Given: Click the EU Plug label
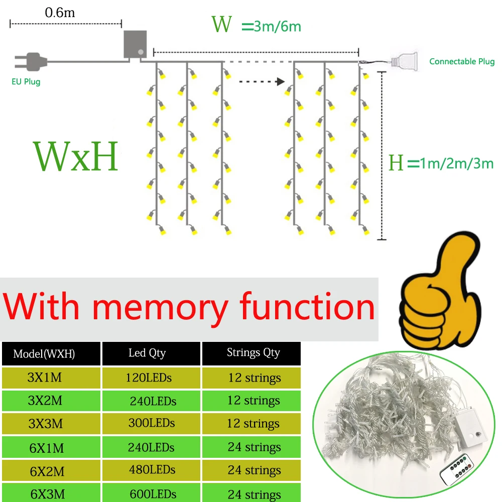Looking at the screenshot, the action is point(26,81).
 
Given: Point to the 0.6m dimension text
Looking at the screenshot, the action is point(60,13).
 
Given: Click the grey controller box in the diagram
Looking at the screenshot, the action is point(135,45).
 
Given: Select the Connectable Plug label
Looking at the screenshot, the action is point(462,62).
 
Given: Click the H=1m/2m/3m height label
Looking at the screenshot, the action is point(441,163).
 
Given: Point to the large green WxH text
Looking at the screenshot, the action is point(76,157).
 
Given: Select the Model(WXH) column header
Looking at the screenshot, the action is point(44,354).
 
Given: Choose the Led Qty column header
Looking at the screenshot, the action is point(147,353).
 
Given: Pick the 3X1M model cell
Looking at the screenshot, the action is point(45,378).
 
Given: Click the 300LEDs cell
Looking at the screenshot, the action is point(151,423).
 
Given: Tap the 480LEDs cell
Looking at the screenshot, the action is point(151,470).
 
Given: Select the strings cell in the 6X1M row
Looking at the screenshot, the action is point(254,447).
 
